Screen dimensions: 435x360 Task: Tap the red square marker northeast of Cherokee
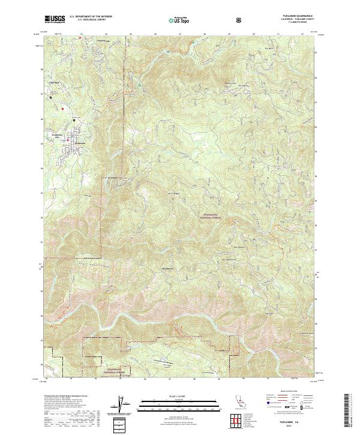pos(63,109)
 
